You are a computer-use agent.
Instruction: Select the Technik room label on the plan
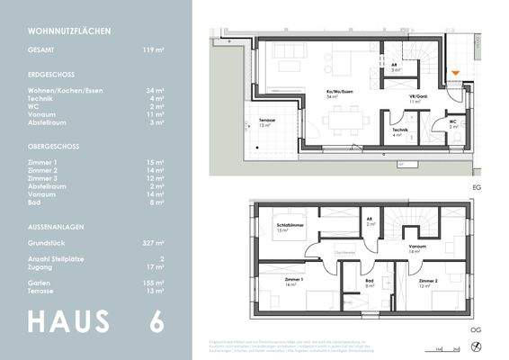click(400, 130)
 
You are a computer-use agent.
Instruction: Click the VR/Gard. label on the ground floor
click(415, 99)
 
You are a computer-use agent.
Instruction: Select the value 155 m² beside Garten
click(152, 283)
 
